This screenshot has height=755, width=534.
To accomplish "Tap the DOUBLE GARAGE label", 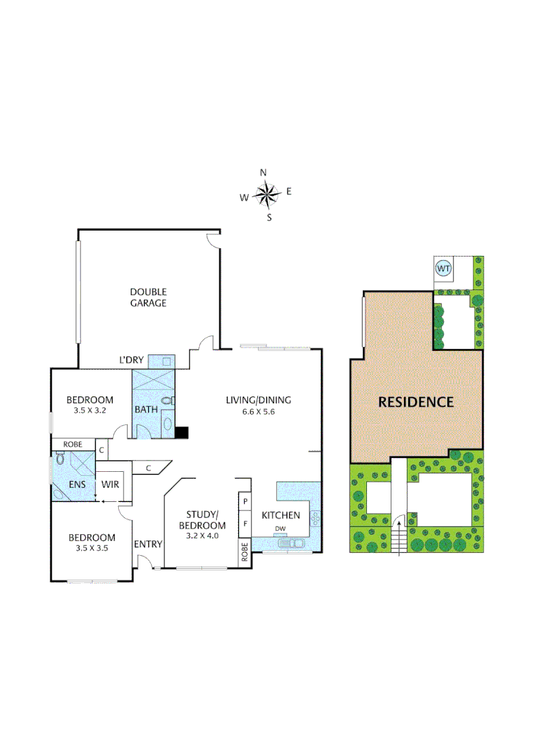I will click(147, 297).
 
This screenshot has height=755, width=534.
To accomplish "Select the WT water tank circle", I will click(443, 268).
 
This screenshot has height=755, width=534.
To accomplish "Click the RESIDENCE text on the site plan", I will click(416, 402).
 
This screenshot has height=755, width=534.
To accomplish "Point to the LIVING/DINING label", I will click(258, 401).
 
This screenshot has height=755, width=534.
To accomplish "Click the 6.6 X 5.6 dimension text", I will click(258, 412).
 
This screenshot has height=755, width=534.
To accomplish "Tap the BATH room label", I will click(145, 410).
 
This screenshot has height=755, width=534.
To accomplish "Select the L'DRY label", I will click(131, 360).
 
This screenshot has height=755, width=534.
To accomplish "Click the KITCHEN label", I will click(281, 515).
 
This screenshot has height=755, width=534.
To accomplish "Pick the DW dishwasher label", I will click(280, 528).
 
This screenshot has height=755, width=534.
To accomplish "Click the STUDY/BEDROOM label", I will click(202, 521).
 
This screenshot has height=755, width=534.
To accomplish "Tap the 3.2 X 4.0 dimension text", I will click(202, 536).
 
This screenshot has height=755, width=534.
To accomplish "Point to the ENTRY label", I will click(147, 545).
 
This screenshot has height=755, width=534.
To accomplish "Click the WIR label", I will click(110, 484).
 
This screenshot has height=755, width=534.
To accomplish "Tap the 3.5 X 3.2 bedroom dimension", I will click(89, 411).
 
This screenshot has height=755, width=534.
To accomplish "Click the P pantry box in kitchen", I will click(245, 502).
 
